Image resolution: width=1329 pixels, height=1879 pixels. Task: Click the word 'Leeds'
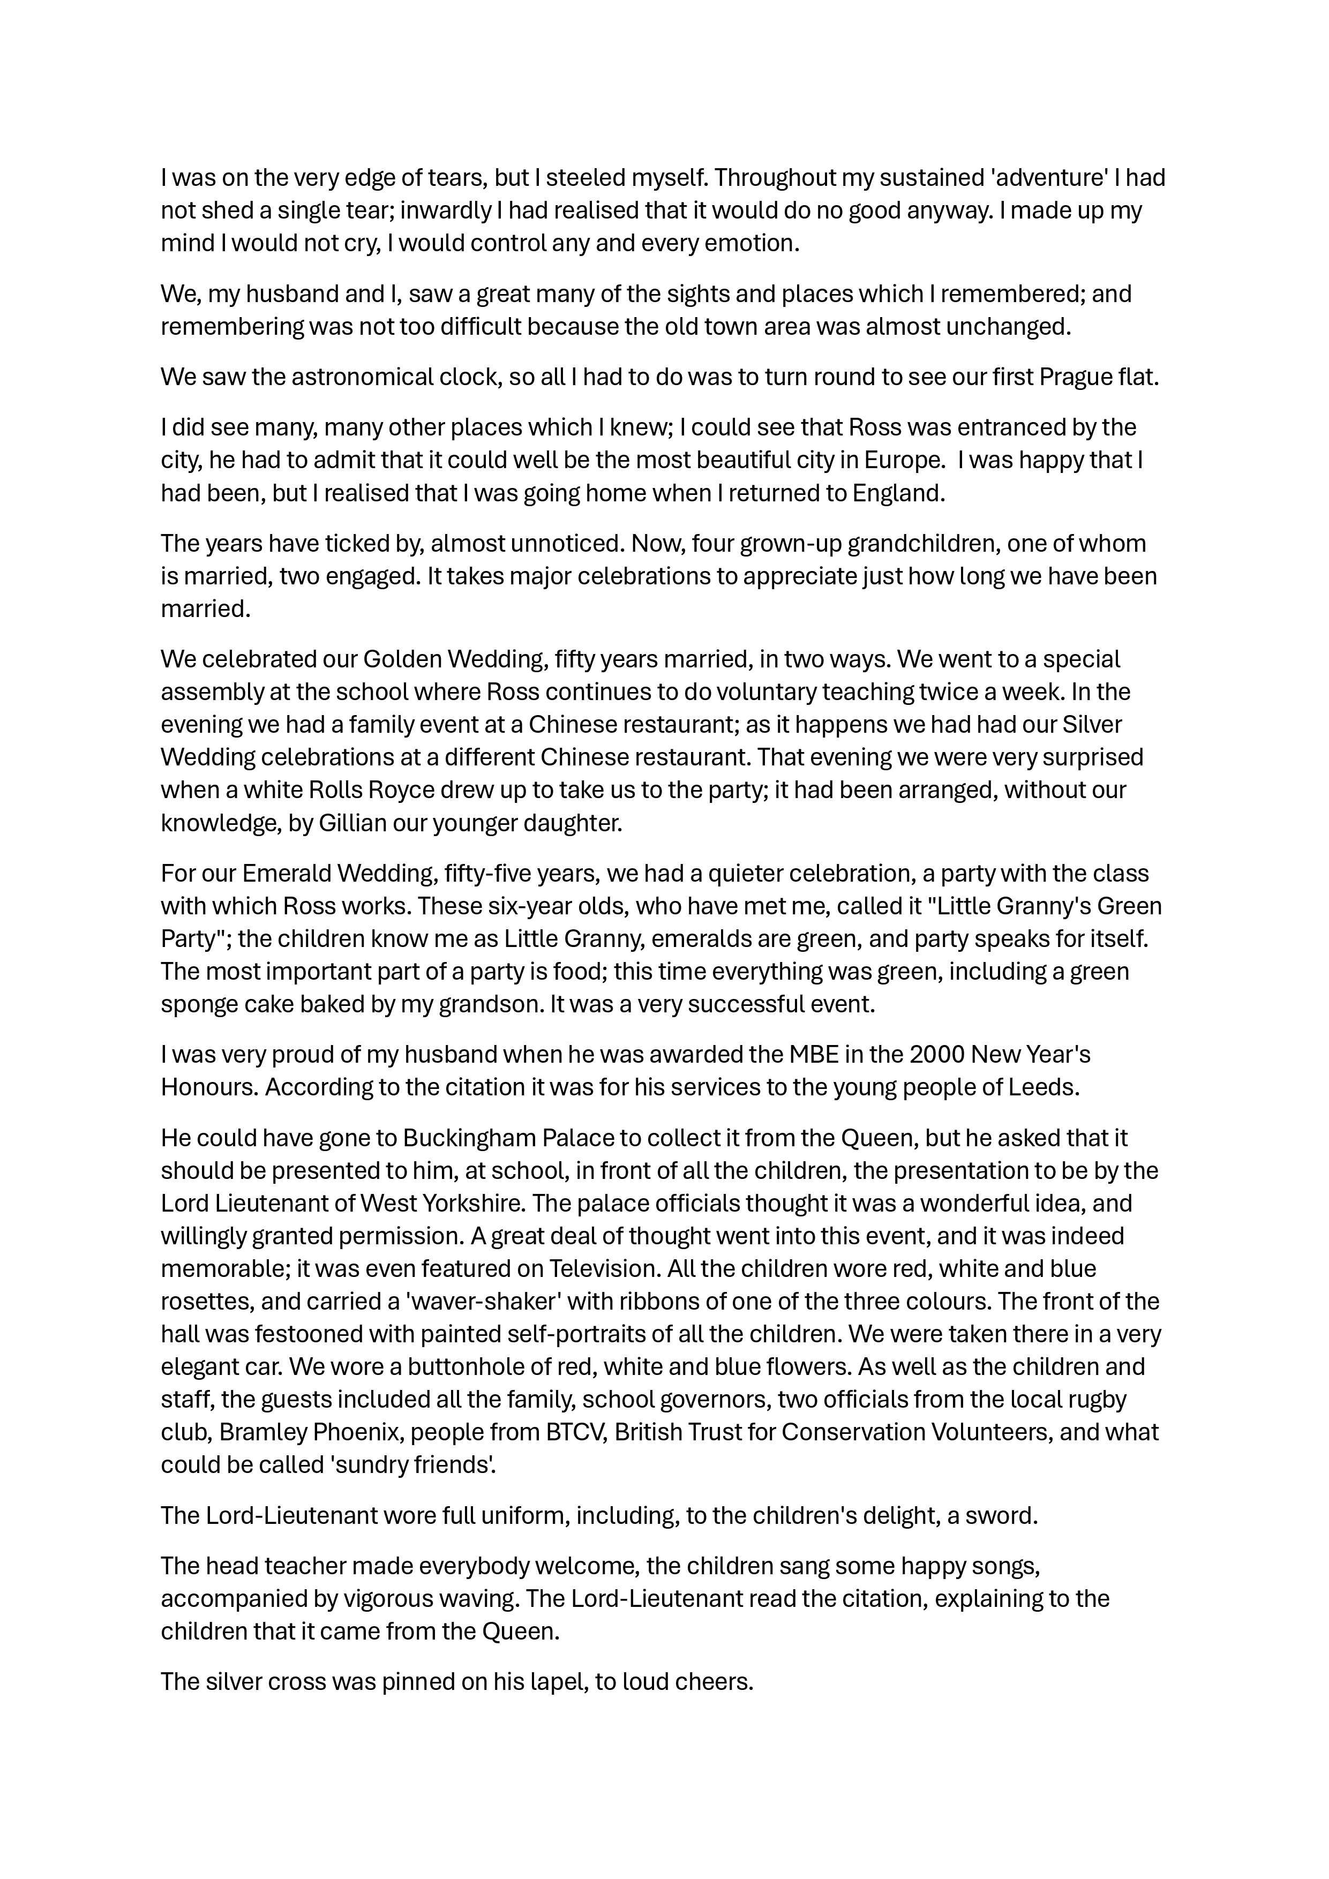pos(1045,1088)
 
